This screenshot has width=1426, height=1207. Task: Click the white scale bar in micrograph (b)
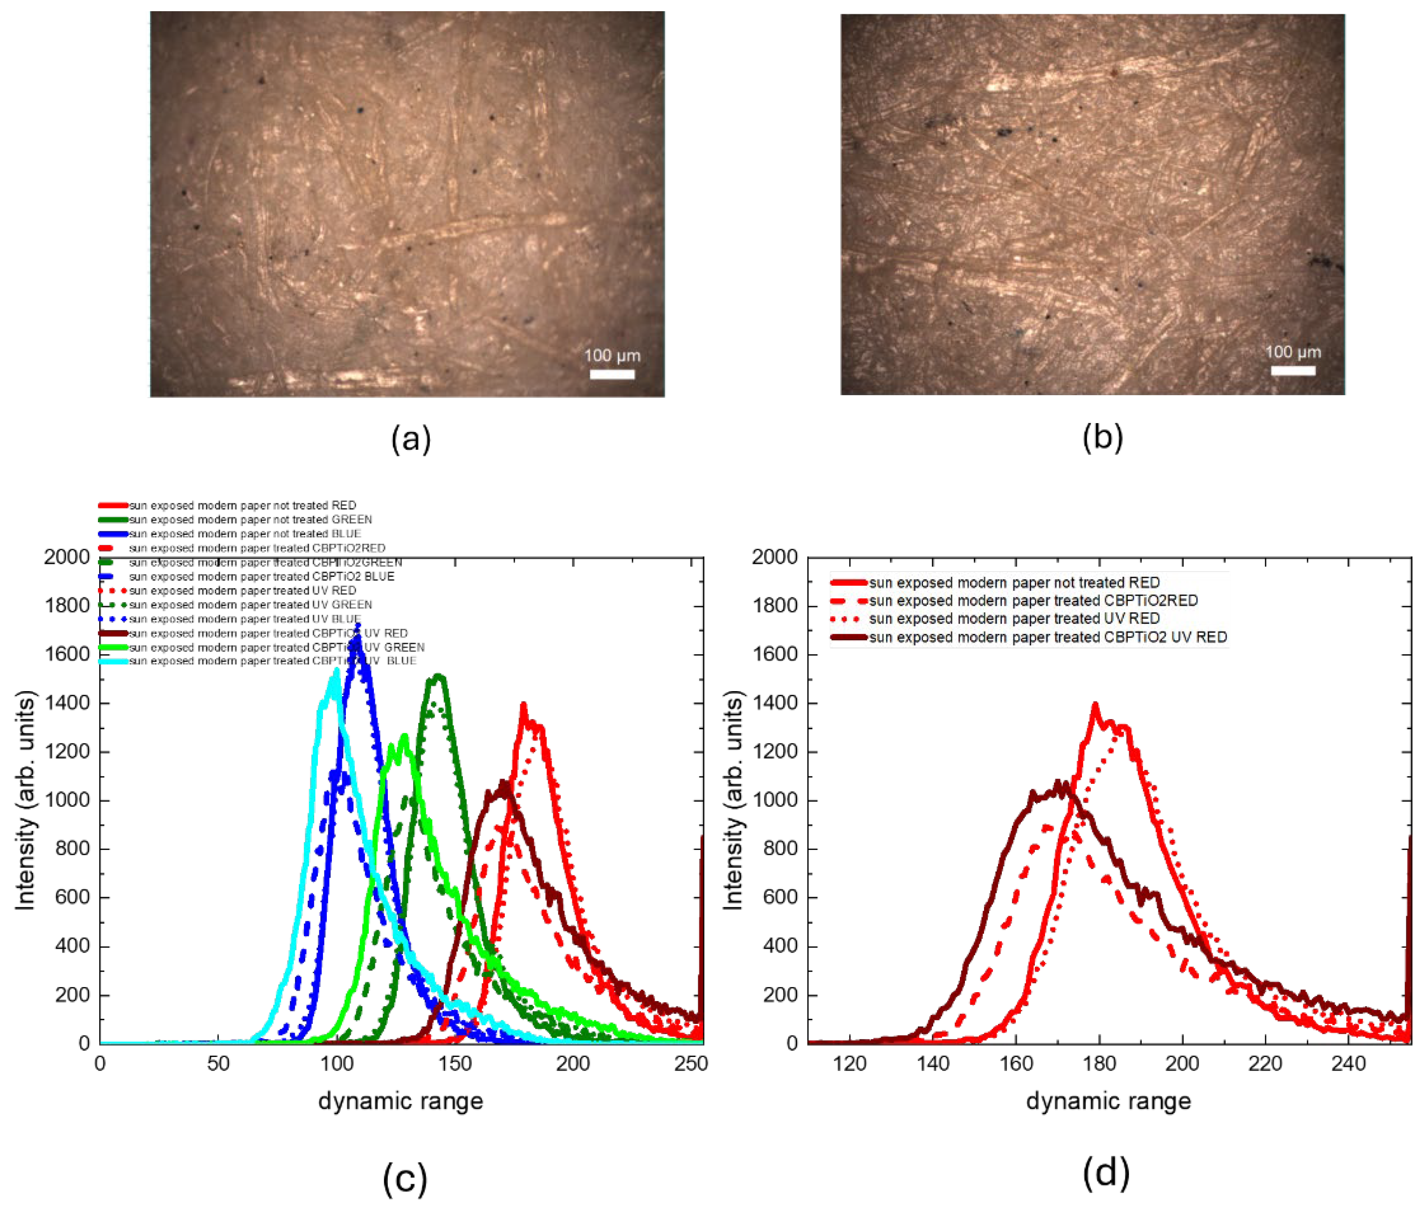[x=1293, y=371]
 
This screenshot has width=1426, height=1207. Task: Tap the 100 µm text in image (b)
[x=1293, y=352]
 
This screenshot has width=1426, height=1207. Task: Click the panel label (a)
[x=411, y=439]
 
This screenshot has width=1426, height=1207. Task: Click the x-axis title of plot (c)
[x=400, y=1101]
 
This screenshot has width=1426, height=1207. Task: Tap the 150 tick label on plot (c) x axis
[x=455, y=1063]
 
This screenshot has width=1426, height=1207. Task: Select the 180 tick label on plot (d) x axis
[x=1099, y=1063]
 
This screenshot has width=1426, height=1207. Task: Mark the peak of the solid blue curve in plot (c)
[x=357, y=625]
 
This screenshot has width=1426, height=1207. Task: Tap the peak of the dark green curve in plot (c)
[x=438, y=676]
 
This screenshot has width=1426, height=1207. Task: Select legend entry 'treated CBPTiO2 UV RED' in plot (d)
[x=1047, y=637]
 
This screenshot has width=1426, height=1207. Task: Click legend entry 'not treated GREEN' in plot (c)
[x=250, y=519]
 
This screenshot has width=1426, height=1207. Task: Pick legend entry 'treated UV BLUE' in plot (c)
[x=244, y=618]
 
